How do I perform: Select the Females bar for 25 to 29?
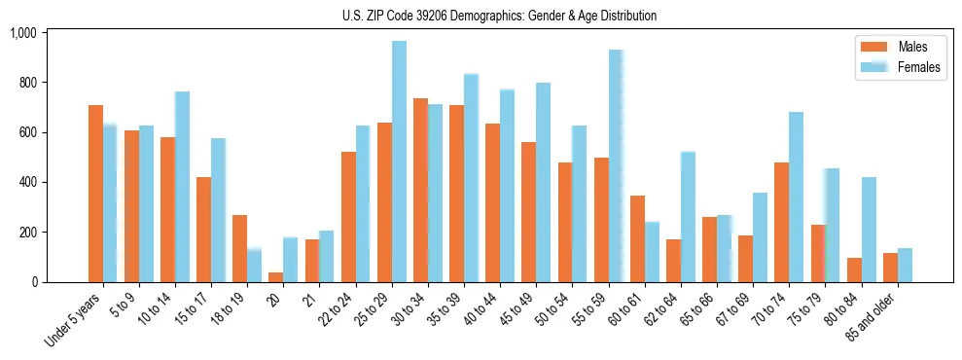[x=399, y=162]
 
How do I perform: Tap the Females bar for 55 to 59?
[x=616, y=165]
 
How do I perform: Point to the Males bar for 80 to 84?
[x=854, y=270]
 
